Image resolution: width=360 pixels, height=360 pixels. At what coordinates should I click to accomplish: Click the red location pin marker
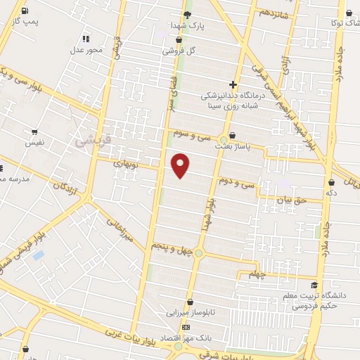coord(181,165)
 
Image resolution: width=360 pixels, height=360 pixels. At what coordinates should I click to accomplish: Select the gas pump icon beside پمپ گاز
coord(25,11)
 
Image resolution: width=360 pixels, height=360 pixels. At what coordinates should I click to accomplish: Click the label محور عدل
coord(86,49)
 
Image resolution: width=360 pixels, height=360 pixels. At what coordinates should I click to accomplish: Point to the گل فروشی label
coord(179,51)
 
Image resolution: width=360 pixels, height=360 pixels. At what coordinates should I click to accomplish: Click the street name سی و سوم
coord(194,134)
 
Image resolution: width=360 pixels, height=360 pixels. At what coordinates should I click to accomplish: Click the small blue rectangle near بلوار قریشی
coord(38,255)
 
